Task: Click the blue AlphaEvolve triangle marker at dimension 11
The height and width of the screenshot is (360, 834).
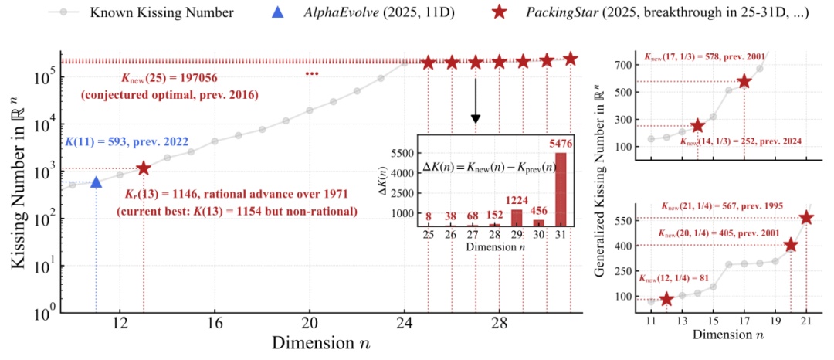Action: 96,182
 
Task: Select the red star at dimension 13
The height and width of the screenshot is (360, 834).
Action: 144,168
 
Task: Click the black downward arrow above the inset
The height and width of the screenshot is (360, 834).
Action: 476,100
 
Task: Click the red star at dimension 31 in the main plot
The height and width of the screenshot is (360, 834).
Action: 571,59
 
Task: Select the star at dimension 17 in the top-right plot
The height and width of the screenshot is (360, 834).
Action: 744,81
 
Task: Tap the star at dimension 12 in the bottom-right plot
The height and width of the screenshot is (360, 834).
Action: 666,299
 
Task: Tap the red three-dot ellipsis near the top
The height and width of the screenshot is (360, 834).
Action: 312,73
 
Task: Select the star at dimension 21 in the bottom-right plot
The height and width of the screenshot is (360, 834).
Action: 806,217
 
